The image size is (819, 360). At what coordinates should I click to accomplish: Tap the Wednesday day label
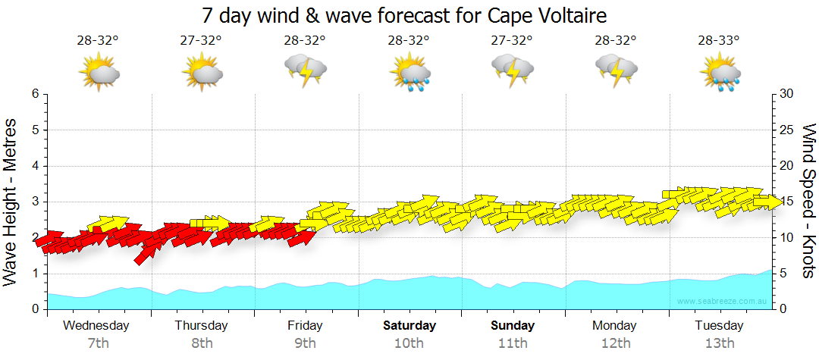click(x=96, y=326)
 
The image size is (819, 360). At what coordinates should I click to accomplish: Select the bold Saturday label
click(x=409, y=326)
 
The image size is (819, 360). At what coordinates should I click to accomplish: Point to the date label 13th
click(x=720, y=343)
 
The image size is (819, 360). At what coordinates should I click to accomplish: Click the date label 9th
click(x=306, y=343)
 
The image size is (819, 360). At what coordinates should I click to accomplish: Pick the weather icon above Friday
click(x=305, y=70)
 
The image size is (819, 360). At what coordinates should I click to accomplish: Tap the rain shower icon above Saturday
click(x=409, y=71)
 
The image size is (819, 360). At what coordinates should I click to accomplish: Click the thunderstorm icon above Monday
click(x=616, y=70)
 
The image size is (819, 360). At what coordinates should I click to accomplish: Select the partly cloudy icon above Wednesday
click(x=99, y=72)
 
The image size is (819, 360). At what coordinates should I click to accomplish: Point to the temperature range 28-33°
click(x=720, y=41)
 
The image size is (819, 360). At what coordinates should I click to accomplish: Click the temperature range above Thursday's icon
click(x=201, y=41)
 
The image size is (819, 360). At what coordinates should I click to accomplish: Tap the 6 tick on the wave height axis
click(x=35, y=94)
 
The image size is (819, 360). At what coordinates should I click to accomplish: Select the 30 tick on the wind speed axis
click(x=787, y=94)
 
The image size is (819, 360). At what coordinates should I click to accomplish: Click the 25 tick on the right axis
click(x=787, y=130)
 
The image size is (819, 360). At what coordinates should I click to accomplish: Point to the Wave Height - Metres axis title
click(x=12, y=202)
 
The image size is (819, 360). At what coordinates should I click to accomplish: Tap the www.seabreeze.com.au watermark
click(x=723, y=301)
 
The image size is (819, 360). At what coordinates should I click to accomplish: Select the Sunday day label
click(x=513, y=326)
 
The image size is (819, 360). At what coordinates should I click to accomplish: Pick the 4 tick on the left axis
click(x=35, y=166)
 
